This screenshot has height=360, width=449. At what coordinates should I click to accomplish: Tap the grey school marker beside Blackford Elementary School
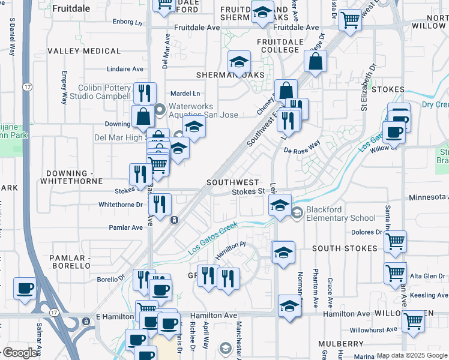pyautogui.click(x=297, y=212)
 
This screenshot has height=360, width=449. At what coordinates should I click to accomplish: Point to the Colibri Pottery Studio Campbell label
pyautogui.click(x=104, y=92)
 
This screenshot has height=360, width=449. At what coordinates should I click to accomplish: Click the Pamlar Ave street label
pyautogui.click(x=126, y=227)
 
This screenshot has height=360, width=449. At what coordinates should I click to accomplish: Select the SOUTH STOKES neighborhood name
pyautogui.click(x=344, y=248)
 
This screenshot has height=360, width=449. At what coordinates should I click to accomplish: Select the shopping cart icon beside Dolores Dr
pyautogui.click(x=394, y=241)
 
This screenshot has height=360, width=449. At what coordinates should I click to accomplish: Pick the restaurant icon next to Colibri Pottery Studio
pyautogui.click(x=144, y=93)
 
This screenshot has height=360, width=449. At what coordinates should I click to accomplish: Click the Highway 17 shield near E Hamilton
pyautogui.click(x=54, y=313)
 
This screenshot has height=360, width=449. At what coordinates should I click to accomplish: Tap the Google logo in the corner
pyautogui.click(x=19, y=353)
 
